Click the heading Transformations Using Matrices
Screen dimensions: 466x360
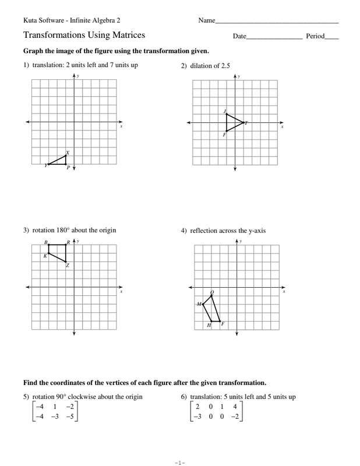coord(84,36)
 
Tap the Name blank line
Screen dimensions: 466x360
coord(277,22)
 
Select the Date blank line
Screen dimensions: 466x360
coord(274,38)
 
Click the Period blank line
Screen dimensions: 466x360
coord(332,38)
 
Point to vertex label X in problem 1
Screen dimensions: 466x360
coord(68,152)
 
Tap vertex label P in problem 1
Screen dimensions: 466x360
coord(68,168)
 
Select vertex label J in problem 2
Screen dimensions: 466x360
coord(224,111)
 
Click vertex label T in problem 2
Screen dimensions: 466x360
coord(246,123)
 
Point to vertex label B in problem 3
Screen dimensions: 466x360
coord(45,242)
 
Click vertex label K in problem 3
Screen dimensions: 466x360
coord(44,256)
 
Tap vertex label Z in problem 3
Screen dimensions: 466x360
coord(68,266)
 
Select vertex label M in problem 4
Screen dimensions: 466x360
coord(198,304)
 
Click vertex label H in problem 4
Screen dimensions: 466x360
coord(209,325)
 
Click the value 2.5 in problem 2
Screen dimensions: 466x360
coord(225,66)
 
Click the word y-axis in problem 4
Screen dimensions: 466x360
coord(255,231)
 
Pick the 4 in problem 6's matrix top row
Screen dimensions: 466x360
coord(234,407)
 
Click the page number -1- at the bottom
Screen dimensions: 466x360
coord(179,463)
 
